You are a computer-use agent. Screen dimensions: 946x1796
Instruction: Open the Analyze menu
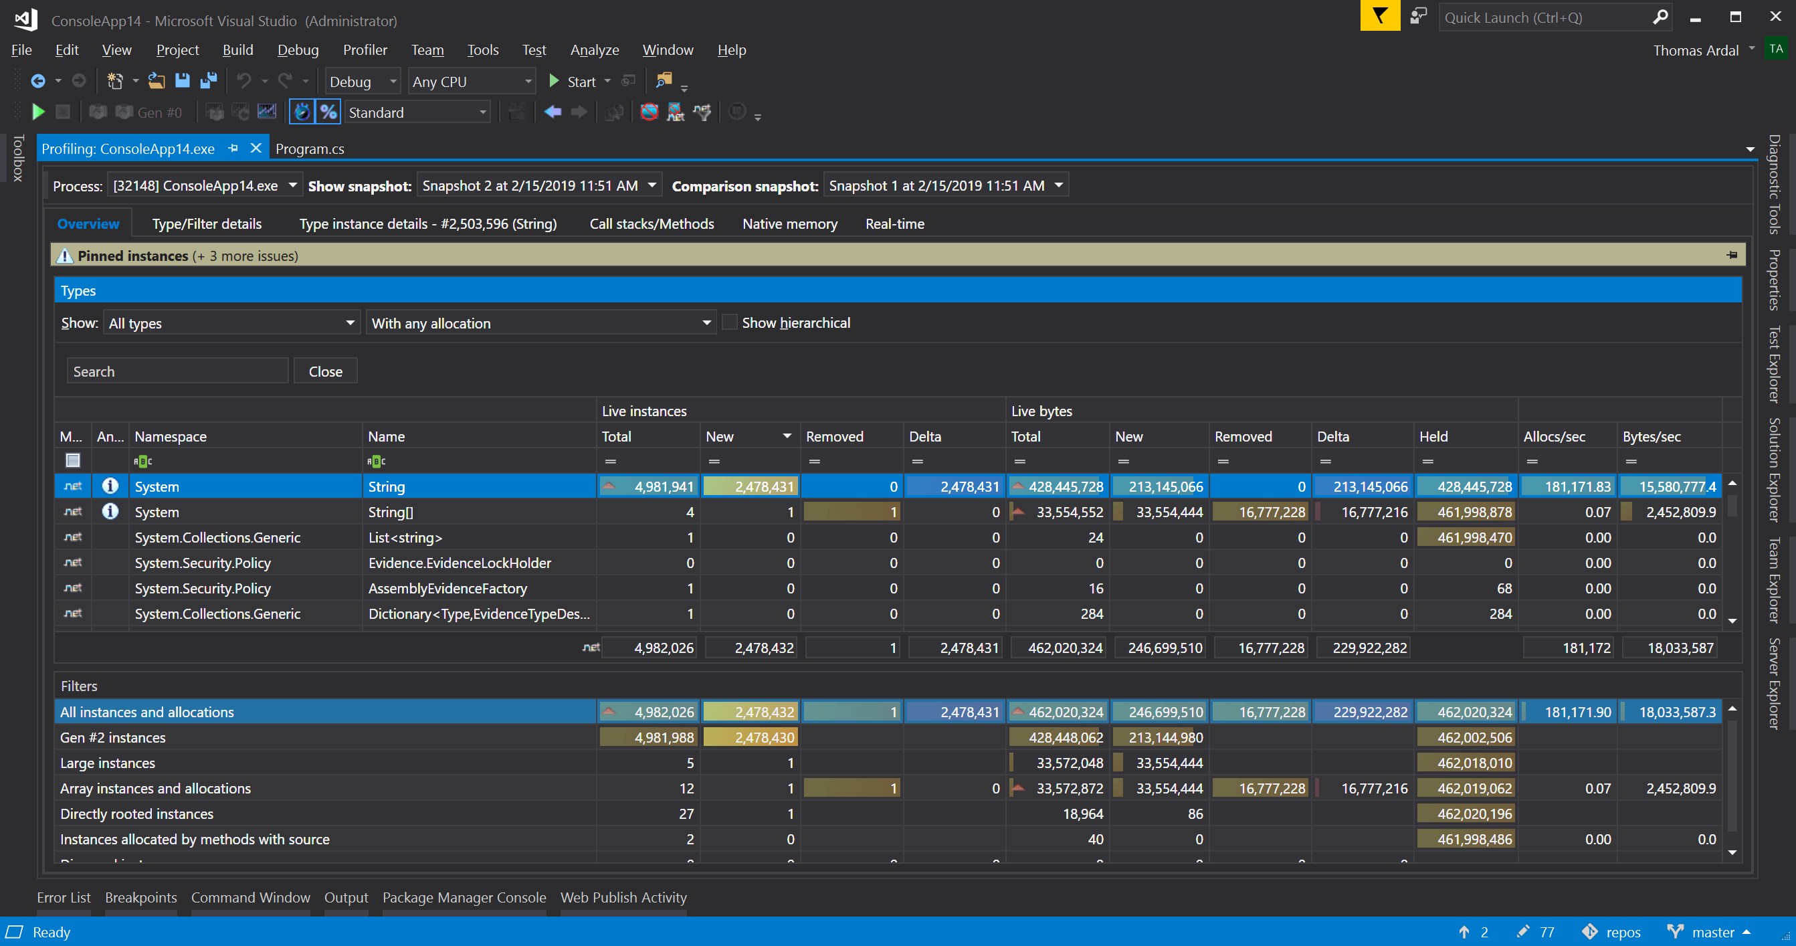(594, 50)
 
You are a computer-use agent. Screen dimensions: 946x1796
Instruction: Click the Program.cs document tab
(310, 149)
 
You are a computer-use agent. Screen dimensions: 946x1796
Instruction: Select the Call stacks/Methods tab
(652, 223)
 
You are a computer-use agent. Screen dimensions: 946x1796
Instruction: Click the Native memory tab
(789, 223)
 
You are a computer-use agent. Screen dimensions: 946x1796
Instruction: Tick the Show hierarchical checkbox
(729, 322)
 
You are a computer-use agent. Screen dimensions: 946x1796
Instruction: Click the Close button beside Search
(325, 371)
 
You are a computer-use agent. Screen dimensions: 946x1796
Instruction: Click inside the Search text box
(177, 371)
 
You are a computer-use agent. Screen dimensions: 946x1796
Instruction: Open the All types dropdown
(231, 323)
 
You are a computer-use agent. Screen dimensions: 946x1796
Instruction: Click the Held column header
(1433, 436)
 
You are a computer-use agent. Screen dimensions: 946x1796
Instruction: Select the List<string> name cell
(405, 537)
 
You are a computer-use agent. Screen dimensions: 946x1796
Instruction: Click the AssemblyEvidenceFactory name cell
(447, 588)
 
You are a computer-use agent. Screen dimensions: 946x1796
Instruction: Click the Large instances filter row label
(108, 763)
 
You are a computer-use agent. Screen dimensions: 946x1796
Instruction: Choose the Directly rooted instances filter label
(136, 814)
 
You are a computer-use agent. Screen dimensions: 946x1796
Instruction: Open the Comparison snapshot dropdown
(945, 185)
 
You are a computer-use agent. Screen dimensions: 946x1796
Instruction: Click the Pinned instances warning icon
(65, 256)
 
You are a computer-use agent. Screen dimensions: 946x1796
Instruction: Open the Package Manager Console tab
(464, 897)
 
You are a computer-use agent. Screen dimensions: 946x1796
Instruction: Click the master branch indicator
(1712, 932)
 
